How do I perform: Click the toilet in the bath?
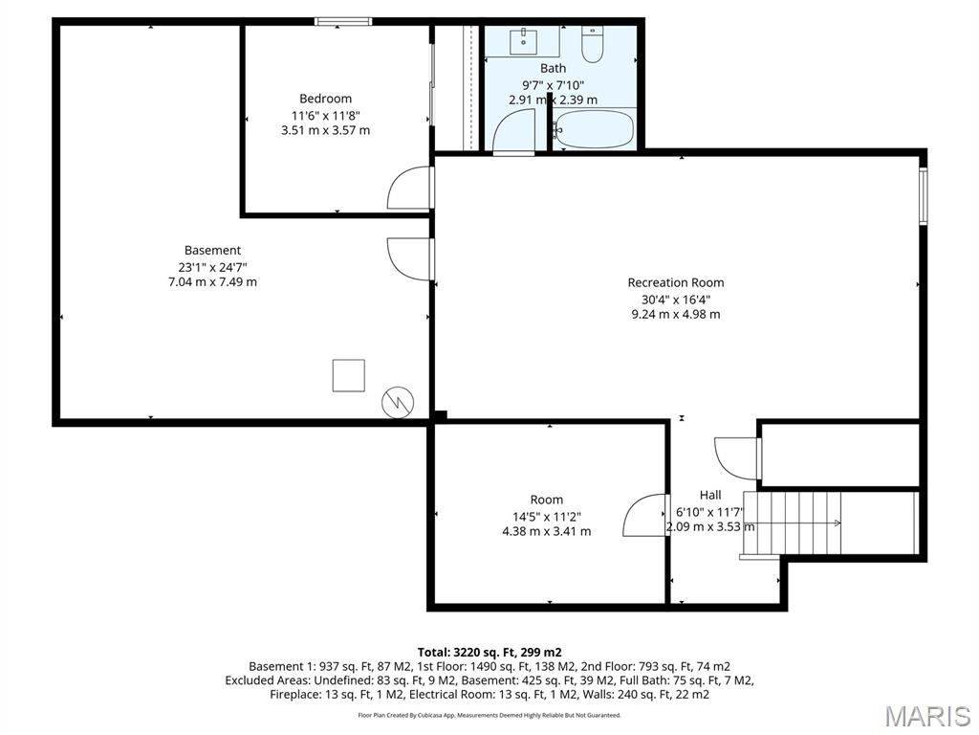pyautogui.click(x=593, y=45)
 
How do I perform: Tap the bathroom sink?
pyautogui.click(x=523, y=41)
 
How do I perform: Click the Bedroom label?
pyautogui.click(x=325, y=99)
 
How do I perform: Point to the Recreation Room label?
pyautogui.click(x=675, y=282)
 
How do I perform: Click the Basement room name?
pyautogui.click(x=212, y=251)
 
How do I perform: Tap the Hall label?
pyautogui.click(x=710, y=495)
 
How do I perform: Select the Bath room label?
pyautogui.click(x=553, y=68)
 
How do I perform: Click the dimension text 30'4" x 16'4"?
pyautogui.click(x=675, y=299)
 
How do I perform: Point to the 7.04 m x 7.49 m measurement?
pyautogui.click(x=212, y=282)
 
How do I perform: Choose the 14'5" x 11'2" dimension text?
pyautogui.click(x=546, y=516)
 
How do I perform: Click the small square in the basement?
pyautogui.click(x=348, y=375)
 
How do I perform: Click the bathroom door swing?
pyautogui.click(x=514, y=131)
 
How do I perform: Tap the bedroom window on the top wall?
pyautogui.click(x=343, y=21)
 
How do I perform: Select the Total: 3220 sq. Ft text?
pyautogui.click(x=489, y=652)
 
